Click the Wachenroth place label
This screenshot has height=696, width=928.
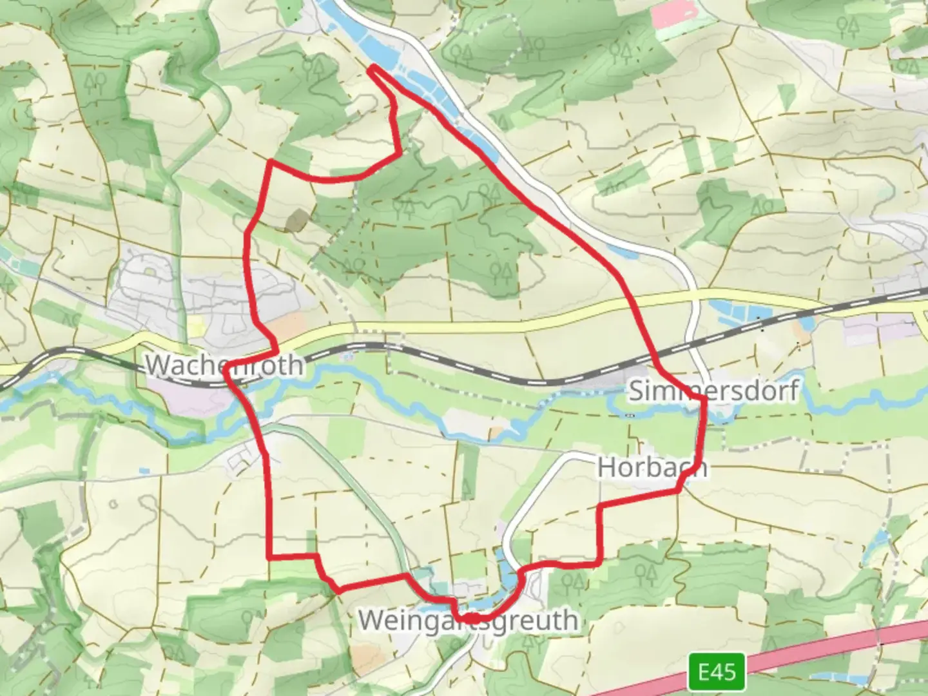(224, 365)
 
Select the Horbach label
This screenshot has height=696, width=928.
(652, 467)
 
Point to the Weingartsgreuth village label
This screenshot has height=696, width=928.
(468, 621)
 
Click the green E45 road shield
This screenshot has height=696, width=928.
(717, 672)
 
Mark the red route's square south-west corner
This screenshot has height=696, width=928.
(269, 556)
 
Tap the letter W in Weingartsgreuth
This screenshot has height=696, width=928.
(372, 621)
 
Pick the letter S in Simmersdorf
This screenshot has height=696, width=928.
(637, 391)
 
